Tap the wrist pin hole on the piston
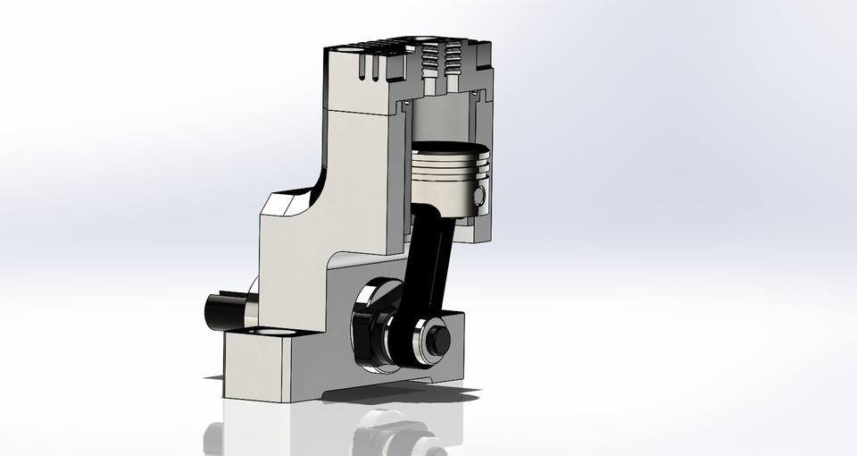[479, 196]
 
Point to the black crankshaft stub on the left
[220, 310]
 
